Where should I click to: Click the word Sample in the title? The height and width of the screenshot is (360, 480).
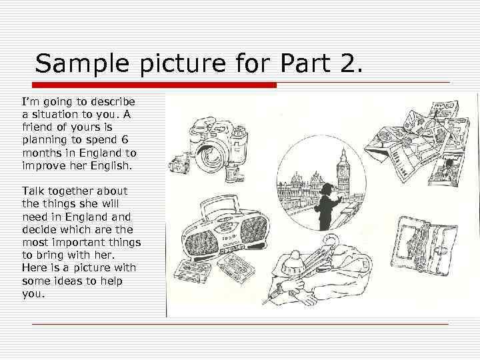pos(82,63)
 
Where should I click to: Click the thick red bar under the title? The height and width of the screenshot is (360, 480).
pos(154,85)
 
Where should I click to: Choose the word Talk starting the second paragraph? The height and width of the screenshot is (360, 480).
pos(33,191)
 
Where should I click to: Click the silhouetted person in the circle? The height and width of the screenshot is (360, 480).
pos(327,206)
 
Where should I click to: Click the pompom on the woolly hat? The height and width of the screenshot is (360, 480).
pos(295,255)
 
